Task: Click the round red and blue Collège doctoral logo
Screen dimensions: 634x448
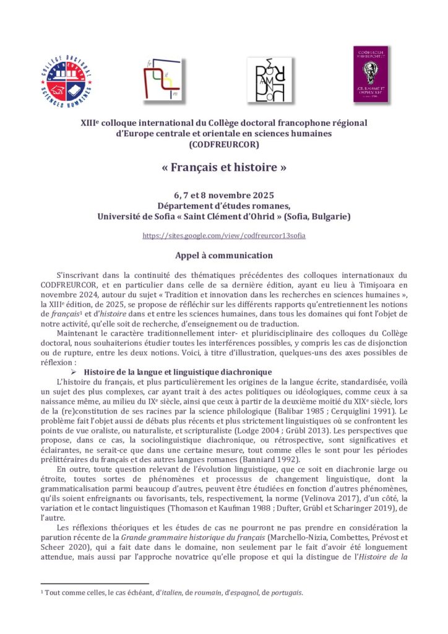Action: tap(67, 80)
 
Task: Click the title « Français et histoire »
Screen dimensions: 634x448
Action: tap(223, 168)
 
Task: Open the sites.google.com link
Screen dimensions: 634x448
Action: tap(223, 236)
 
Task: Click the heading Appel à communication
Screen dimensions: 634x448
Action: tap(223, 255)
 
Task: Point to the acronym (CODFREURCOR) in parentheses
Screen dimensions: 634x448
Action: tap(223, 145)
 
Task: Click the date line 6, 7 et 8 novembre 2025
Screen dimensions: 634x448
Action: tap(223, 196)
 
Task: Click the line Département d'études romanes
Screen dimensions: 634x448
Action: tap(223, 207)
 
